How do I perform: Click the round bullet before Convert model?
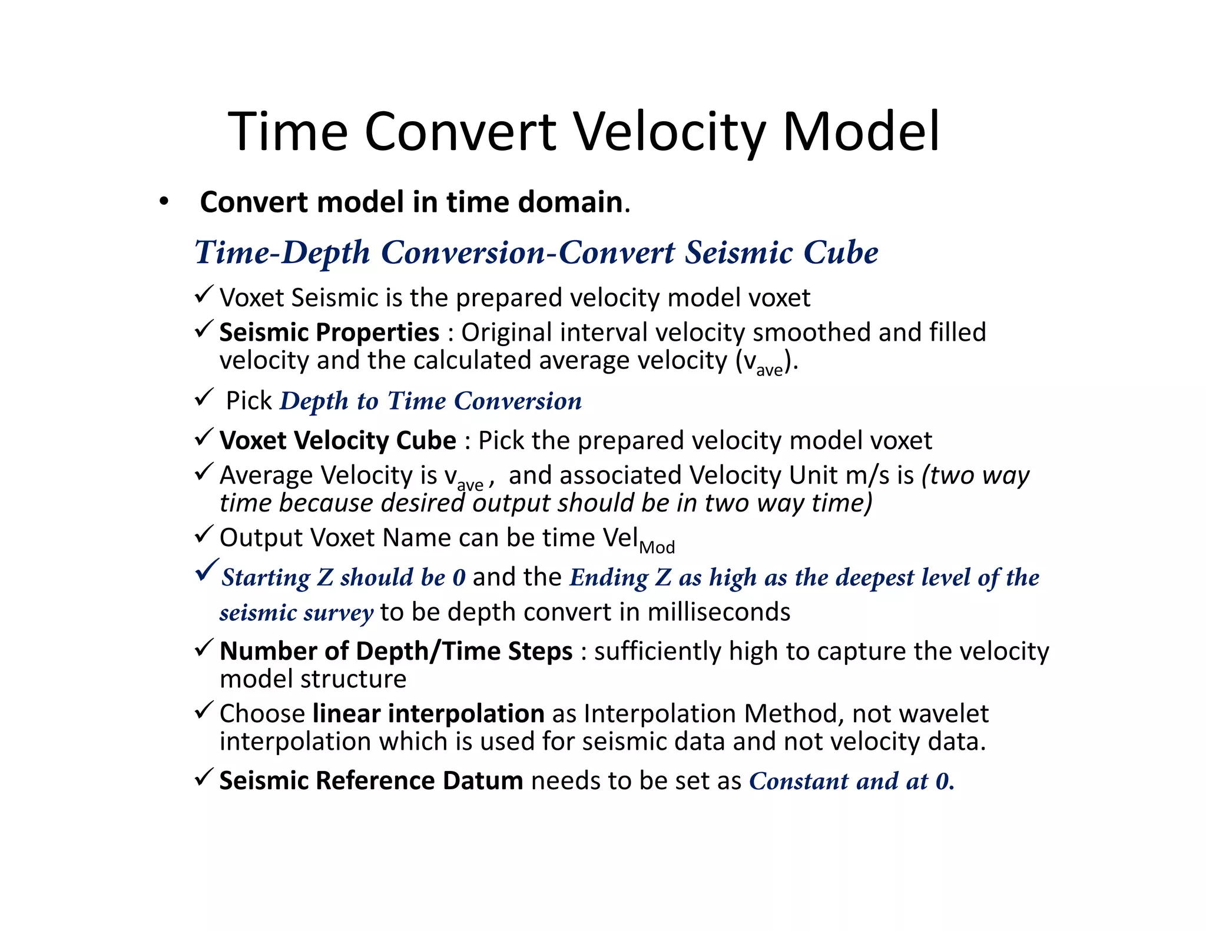164,202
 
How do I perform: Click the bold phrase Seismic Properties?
329,332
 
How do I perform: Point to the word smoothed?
811,332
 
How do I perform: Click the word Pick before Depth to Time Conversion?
249,401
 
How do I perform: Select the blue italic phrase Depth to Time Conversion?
430,401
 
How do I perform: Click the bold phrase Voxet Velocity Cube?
337,440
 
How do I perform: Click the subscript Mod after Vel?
657,547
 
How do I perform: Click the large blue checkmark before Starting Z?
207,570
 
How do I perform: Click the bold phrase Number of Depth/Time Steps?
396,651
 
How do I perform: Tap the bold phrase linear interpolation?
428,713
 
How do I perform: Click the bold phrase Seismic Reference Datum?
371,781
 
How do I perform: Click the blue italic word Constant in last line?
799,781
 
